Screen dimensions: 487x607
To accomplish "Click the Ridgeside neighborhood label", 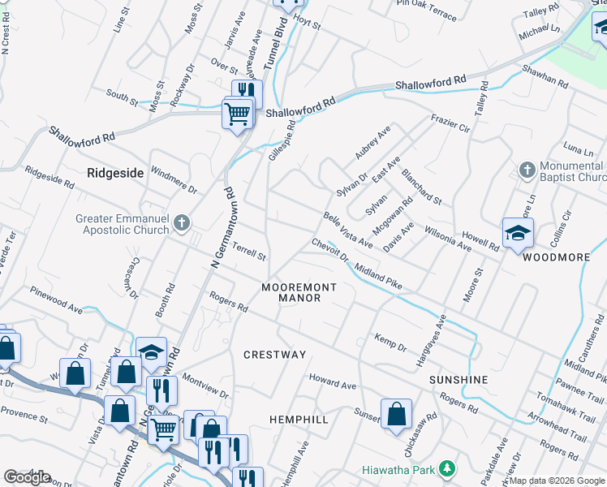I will coord(114,173).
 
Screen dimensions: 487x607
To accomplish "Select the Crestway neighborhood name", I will coord(275,355).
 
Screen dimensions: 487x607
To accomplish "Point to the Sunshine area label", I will coord(459,380).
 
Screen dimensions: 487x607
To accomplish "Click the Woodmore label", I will coord(556,257).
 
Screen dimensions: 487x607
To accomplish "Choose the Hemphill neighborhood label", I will coord(299,420).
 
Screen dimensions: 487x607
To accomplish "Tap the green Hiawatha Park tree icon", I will coord(446,468).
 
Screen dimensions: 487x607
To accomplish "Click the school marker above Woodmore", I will coord(518,235).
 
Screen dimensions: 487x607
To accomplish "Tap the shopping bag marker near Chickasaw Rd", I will coord(396,414).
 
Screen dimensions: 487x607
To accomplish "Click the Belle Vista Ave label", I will coord(347,231).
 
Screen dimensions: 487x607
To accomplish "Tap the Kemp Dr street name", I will coord(390,342).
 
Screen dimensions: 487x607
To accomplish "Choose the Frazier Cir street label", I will coord(450,123).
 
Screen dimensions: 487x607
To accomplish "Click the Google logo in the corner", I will coord(28,476).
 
